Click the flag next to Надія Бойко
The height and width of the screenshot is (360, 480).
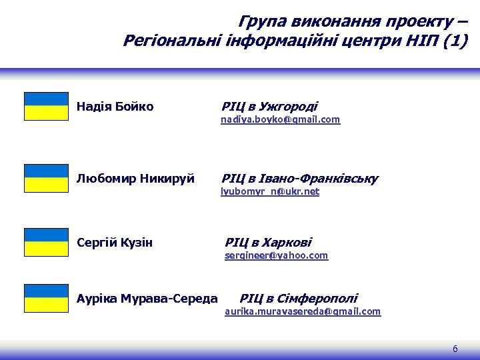[46, 106]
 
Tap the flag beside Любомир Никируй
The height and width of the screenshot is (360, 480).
[46, 178]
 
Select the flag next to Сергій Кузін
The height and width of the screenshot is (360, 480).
[46, 242]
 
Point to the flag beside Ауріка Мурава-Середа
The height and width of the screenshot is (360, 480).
[46, 298]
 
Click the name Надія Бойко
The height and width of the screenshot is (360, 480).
[115, 107]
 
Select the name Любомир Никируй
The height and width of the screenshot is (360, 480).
[135, 179]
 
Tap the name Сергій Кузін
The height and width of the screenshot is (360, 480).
[115, 243]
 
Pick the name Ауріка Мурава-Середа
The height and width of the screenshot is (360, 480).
[147, 299]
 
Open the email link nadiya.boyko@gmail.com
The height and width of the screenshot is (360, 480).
[281, 119]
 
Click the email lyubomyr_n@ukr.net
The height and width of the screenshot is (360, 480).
[270, 191]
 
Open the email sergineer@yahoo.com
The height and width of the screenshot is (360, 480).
[276, 255]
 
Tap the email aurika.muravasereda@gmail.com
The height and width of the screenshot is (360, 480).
[303, 311]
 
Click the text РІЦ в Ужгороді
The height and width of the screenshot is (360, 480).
[269, 107]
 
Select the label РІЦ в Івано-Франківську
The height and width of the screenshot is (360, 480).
[299, 179]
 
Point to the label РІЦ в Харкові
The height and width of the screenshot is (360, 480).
[268, 243]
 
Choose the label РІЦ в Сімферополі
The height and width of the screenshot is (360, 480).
[298, 299]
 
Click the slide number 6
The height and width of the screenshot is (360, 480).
[455, 349]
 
